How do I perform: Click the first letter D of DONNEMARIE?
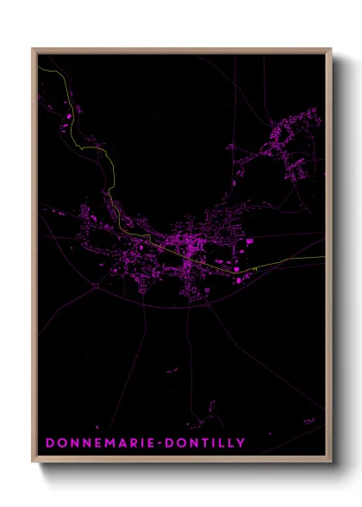(x=50, y=443)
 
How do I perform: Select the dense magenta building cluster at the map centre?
(x=185, y=250)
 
